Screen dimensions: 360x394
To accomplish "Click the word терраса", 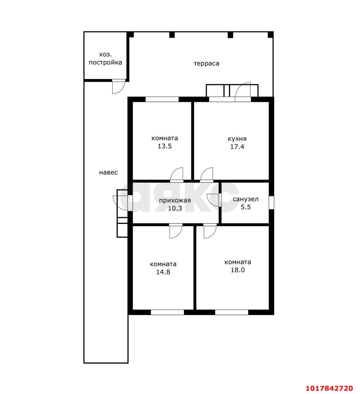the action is click(x=206, y=63).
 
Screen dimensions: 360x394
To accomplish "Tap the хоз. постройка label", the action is click(x=105, y=58).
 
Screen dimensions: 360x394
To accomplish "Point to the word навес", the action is click(x=108, y=172).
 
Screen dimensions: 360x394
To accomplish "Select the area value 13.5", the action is click(x=165, y=146).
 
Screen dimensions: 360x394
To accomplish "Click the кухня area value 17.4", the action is click(x=237, y=147).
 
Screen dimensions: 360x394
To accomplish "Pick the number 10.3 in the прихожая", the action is click(x=175, y=208).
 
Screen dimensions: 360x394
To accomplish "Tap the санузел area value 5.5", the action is click(x=246, y=207).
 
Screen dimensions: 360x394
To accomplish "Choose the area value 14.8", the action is click(x=163, y=272).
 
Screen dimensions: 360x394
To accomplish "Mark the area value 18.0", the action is click(x=237, y=270).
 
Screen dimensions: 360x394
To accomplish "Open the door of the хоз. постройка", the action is click(x=119, y=86).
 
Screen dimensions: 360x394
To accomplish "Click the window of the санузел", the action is click(x=271, y=203).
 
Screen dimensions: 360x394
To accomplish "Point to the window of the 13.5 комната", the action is click(x=162, y=99).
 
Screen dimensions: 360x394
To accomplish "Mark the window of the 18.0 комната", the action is click(x=232, y=312).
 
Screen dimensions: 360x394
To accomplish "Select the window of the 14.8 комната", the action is click(x=167, y=312).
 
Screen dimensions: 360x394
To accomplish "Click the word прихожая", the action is click(x=175, y=200).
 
